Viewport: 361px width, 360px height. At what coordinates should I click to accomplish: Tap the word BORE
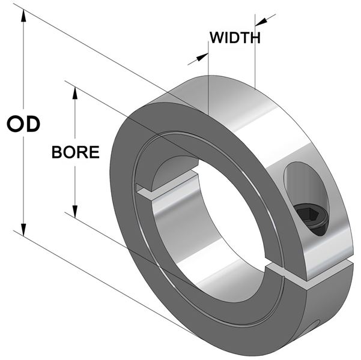point(75,152)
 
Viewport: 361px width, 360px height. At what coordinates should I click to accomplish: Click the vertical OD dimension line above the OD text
point(23,66)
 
